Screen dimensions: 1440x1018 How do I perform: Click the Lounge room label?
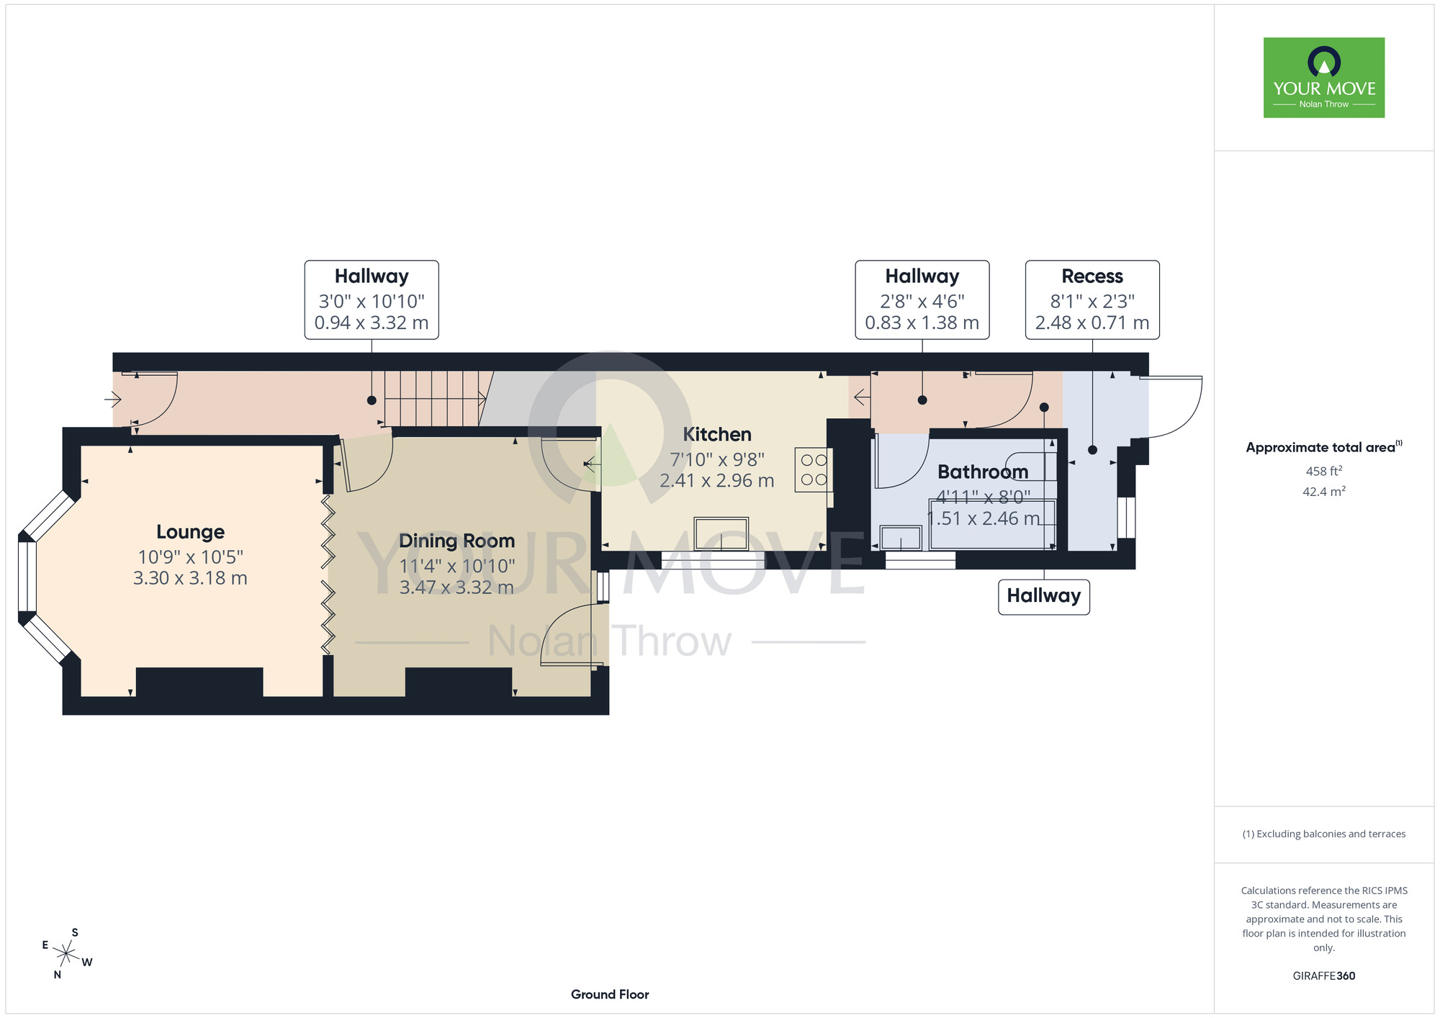click(190, 532)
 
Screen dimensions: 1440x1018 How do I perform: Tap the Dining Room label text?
click(457, 541)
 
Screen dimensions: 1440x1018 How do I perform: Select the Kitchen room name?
click(717, 434)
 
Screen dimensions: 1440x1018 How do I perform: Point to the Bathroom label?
click(983, 472)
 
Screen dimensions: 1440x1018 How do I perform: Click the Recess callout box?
click(1092, 299)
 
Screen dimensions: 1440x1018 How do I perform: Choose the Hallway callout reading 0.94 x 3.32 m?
click(372, 299)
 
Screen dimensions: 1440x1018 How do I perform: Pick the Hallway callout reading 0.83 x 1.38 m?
click(922, 299)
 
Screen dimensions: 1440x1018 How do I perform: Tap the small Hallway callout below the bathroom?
click(1044, 597)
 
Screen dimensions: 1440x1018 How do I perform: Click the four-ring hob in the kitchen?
click(814, 470)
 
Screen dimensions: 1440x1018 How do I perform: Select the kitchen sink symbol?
click(721, 533)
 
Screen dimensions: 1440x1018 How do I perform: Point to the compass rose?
click(66, 954)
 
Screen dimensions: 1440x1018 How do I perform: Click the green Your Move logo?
click(1324, 78)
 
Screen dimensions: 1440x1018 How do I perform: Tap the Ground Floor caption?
click(610, 994)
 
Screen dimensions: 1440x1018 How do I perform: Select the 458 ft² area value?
click(1324, 471)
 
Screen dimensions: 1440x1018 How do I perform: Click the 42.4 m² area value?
click(1324, 492)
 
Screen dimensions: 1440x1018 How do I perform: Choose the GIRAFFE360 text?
click(1324, 976)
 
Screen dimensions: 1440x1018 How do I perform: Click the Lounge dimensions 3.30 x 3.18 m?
click(190, 578)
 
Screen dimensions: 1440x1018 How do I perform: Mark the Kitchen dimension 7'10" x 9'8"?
click(717, 459)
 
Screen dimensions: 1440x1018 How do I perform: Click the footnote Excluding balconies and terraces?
click(1324, 834)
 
